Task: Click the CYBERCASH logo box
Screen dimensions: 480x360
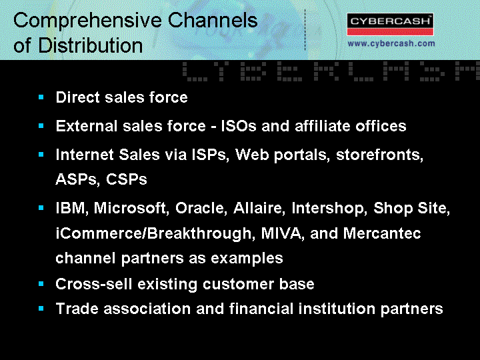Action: click(x=390, y=24)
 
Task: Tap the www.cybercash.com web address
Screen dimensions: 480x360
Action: click(x=391, y=43)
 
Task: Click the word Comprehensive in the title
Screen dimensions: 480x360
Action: click(x=87, y=21)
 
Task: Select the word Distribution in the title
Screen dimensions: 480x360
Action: click(x=91, y=45)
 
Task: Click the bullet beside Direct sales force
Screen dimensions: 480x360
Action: click(x=41, y=97)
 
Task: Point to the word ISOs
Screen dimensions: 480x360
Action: click(x=239, y=126)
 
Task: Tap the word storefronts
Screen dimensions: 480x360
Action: click(x=379, y=155)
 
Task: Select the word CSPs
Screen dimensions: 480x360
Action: click(x=127, y=179)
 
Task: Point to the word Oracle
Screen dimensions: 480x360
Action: click(x=201, y=208)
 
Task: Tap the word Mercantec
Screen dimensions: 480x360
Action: click(x=382, y=233)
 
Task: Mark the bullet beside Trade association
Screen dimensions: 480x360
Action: click(x=41, y=308)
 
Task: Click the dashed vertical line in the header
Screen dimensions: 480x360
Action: click(x=305, y=30)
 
